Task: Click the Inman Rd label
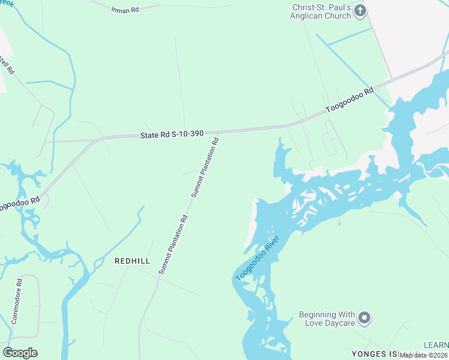pos(124,9)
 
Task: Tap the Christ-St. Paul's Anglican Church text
pos(321,11)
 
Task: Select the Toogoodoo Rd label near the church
pos(349,100)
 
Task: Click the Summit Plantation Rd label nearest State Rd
pos(205,168)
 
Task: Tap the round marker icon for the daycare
pos(364,317)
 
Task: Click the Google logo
pos(20,353)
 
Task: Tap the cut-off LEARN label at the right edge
pos(436,345)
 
